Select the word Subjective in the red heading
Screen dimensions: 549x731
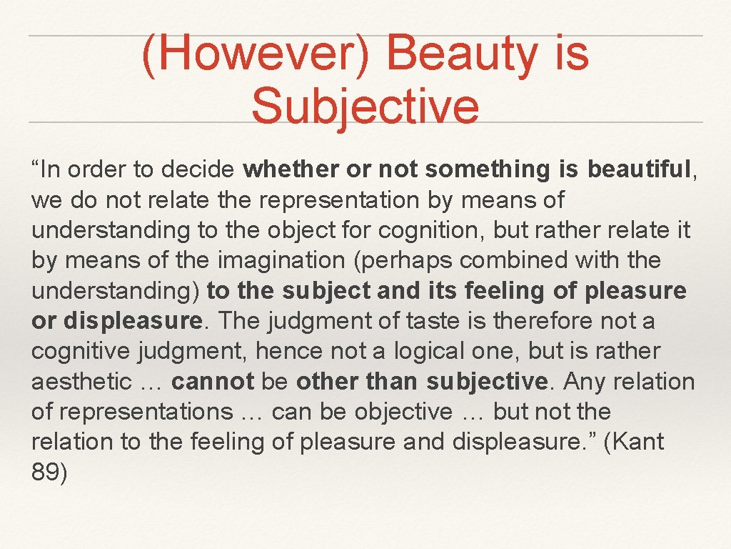pyautogui.click(x=365, y=105)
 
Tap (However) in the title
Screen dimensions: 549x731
pyautogui.click(x=256, y=54)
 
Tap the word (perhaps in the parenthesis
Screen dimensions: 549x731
pyautogui.click(x=411, y=261)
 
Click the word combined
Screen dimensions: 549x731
pyautogui.click(x=523, y=261)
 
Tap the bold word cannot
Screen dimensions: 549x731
pyautogui.click(x=212, y=382)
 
